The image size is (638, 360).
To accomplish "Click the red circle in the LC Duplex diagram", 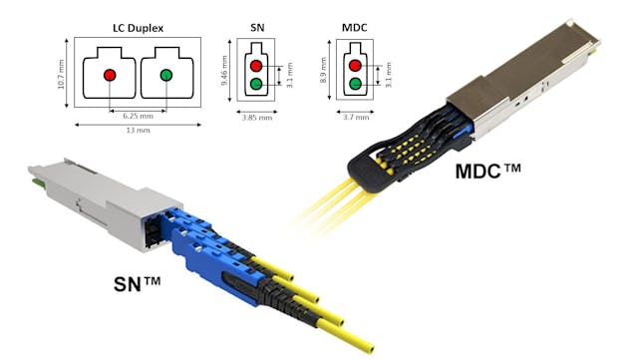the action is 110,75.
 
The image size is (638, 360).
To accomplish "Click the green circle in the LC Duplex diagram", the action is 165,75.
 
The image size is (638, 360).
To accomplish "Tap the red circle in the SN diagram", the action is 257,65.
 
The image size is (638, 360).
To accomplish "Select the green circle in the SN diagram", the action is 257,85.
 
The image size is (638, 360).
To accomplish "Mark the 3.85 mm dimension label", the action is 256,117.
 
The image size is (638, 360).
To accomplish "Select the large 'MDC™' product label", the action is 487,171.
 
